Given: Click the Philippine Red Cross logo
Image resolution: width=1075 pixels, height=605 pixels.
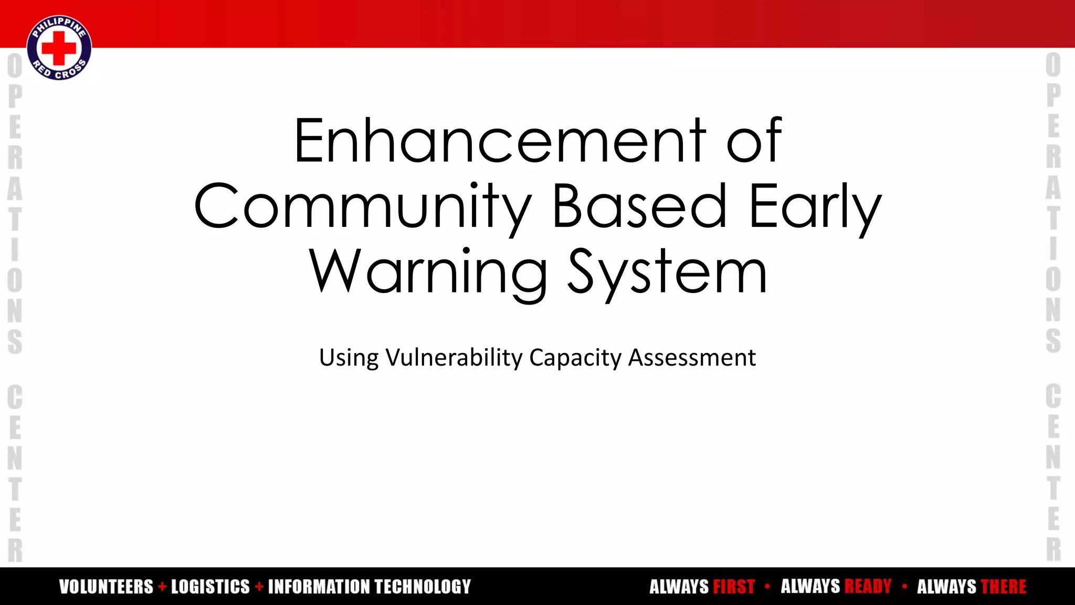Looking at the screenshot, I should pyautogui.click(x=59, y=48).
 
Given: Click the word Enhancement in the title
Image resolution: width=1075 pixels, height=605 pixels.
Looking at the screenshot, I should pyautogui.click(x=500, y=141).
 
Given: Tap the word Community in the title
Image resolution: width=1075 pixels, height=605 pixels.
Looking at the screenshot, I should pyautogui.click(x=363, y=206).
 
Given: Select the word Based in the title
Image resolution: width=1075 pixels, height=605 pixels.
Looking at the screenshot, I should pyautogui.click(x=639, y=206).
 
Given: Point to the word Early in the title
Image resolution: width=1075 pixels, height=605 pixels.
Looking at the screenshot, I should pyautogui.click(x=815, y=206).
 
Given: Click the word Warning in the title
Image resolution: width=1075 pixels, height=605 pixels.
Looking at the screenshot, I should pyautogui.click(x=428, y=272).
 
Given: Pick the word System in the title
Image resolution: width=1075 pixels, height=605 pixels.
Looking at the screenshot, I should pyautogui.click(x=668, y=272).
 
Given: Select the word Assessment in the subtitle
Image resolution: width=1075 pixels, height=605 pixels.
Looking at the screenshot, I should pyautogui.click(x=692, y=358).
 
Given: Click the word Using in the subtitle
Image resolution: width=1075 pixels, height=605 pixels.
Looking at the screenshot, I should pyautogui.click(x=349, y=358).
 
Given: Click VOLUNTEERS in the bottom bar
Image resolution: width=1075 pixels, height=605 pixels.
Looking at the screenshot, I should pyautogui.click(x=106, y=587).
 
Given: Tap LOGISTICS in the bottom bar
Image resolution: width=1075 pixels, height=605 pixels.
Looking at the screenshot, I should pyautogui.click(x=210, y=587).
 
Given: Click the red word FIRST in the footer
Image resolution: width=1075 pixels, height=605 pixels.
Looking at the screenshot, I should pyautogui.click(x=734, y=587).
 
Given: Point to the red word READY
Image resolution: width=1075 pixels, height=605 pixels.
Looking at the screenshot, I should pyautogui.click(x=868, y=587).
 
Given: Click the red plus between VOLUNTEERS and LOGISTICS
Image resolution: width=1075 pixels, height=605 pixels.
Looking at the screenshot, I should pyautogui.click(x=162, y=587).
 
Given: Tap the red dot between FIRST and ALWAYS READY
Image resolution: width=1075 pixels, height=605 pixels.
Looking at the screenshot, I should pyautogui.click(x=767, y=586).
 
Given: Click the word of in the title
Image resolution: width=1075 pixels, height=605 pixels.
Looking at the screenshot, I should pyautogui.click(x=754, y=141).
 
